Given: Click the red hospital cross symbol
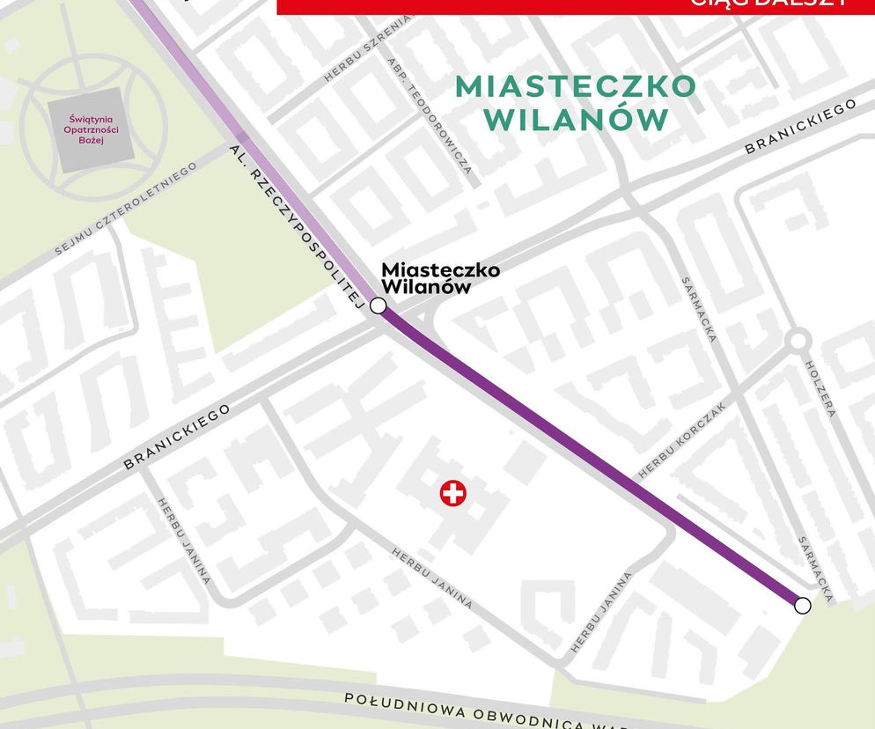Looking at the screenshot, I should click(x=453, y=493).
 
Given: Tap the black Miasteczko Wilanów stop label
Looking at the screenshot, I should click(x=439, y=278).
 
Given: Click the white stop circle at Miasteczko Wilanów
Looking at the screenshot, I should click(x=378, y=306).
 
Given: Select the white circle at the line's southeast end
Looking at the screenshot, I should click(x=802, y=605).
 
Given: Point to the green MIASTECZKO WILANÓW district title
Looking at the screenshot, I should click(x=575, y=102).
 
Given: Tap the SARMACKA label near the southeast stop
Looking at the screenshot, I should click(x=814, y=569).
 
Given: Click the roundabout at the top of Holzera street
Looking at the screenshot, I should click(x=798, y=341).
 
